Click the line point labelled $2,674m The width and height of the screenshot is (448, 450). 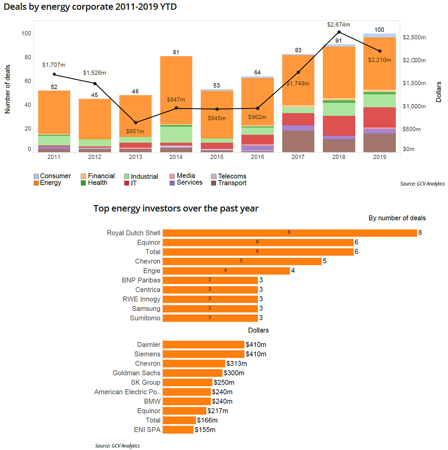pyautogui.click(x=339, y=32)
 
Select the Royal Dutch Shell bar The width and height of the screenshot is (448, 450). pyautogui.click(x=290, y=233)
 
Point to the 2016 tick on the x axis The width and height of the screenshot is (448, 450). pyautogui.click(x=257, y=158)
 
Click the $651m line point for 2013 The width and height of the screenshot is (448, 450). pyautogui.click(x=135, y=122)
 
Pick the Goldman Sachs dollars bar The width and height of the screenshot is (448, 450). pyautogui.click(x=193, y=373)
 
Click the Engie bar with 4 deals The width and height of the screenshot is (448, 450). pyautogui.click(x=226, y=271)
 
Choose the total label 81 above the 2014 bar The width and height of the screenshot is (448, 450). pyautogui.click(x=176, y=52)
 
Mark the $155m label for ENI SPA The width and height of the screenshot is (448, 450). pyautogui.click(x=205, y=430)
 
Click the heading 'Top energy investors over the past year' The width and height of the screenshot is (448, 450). pyautogui.click(x=176, y=209)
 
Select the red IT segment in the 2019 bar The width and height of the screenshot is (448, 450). pyautogui.click(x=380, y=117)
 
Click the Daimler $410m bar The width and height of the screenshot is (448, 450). pyautogui.click(x=204, y=344)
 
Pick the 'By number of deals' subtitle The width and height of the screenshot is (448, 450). pyautogui.click(x=397, y=218)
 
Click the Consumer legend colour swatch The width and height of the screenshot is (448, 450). pyautogui.click(x=36, y=176)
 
